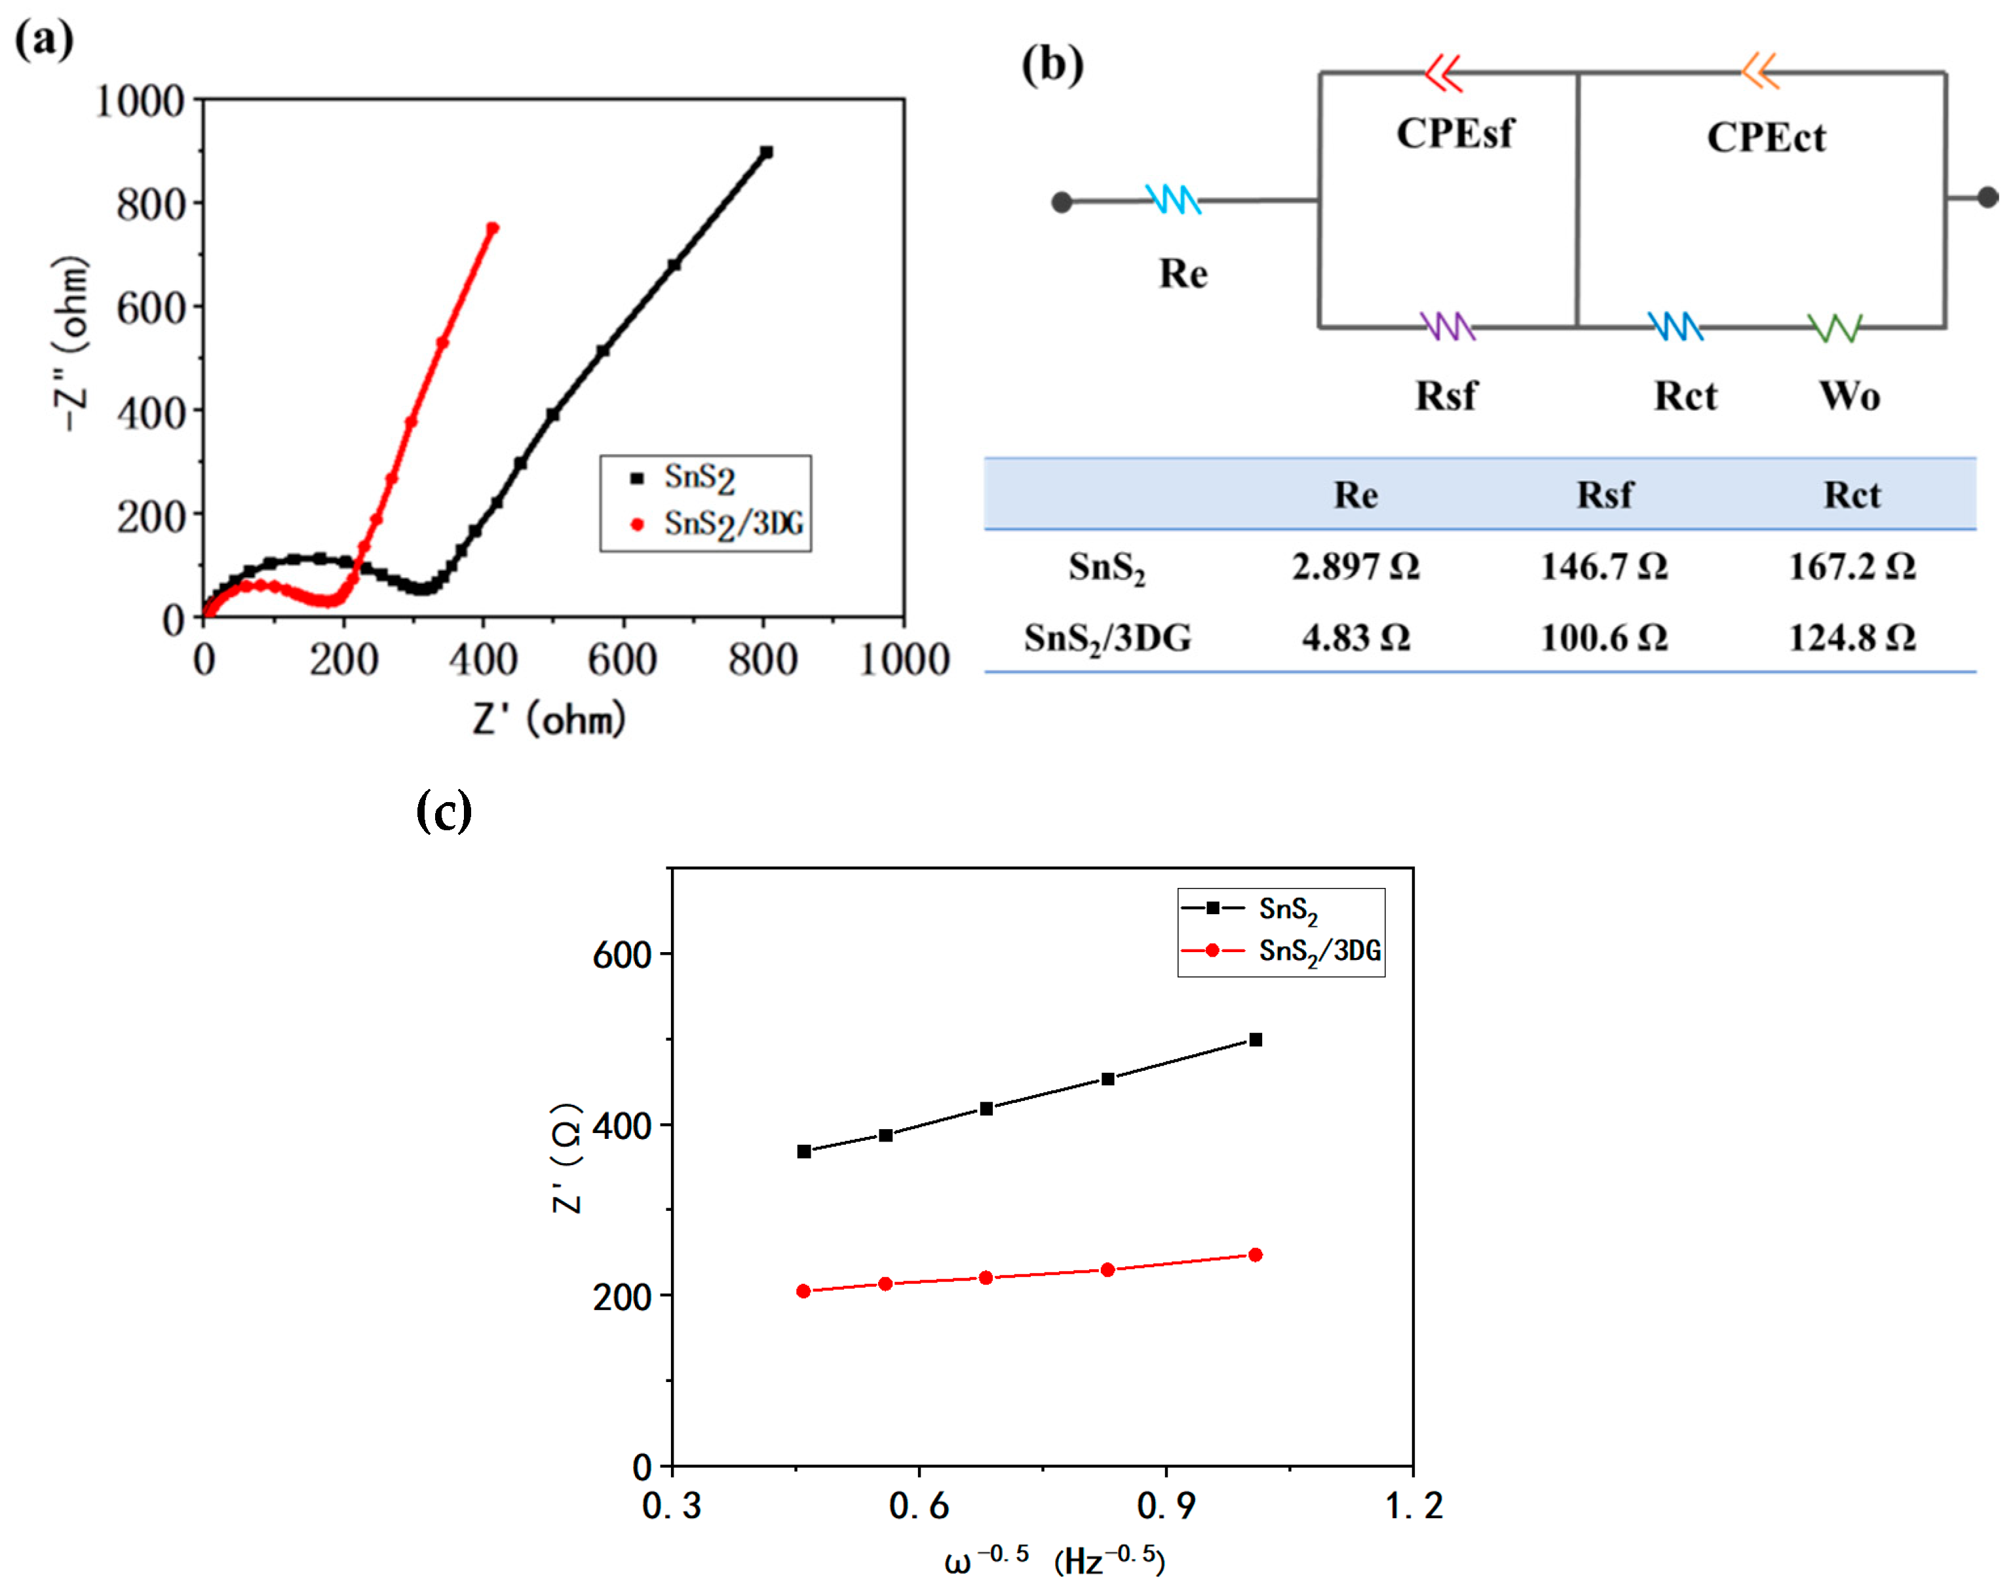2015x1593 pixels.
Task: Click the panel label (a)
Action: point(44,40)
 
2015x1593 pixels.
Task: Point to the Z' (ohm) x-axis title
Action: point(549,719)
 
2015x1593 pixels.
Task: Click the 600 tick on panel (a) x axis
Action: point(622,659)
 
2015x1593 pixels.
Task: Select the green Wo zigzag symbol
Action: point(1834,328)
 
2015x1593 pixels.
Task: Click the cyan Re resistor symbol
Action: point(1173,200)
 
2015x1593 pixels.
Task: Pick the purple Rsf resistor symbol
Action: point(1447,326)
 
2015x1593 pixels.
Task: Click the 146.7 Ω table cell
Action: point(1603,566)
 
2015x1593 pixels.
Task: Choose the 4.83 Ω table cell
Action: point(1356,638)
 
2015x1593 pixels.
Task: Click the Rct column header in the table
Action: point(1852,494)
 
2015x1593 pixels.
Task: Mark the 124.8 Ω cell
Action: point(1852,638)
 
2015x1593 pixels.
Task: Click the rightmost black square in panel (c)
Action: point(1255,1040)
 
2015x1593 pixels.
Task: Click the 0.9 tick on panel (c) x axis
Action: point(1166,1505)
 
